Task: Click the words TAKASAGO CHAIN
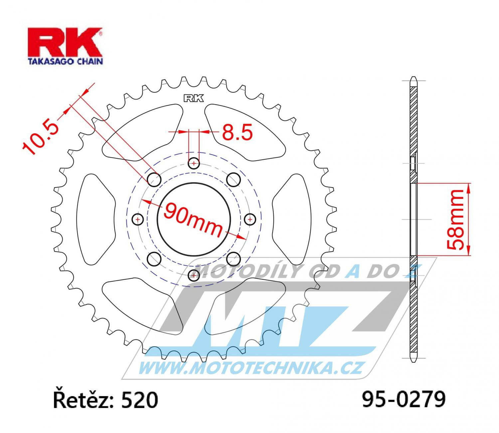66,61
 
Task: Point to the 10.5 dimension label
41,138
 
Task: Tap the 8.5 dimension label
237,132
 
